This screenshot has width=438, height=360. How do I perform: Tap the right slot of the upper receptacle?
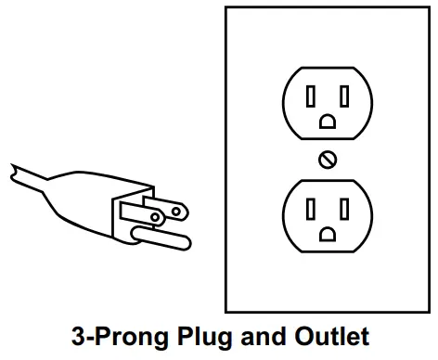[x=344, y=96]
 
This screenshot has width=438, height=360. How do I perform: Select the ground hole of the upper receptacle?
[x=328, y=121]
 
